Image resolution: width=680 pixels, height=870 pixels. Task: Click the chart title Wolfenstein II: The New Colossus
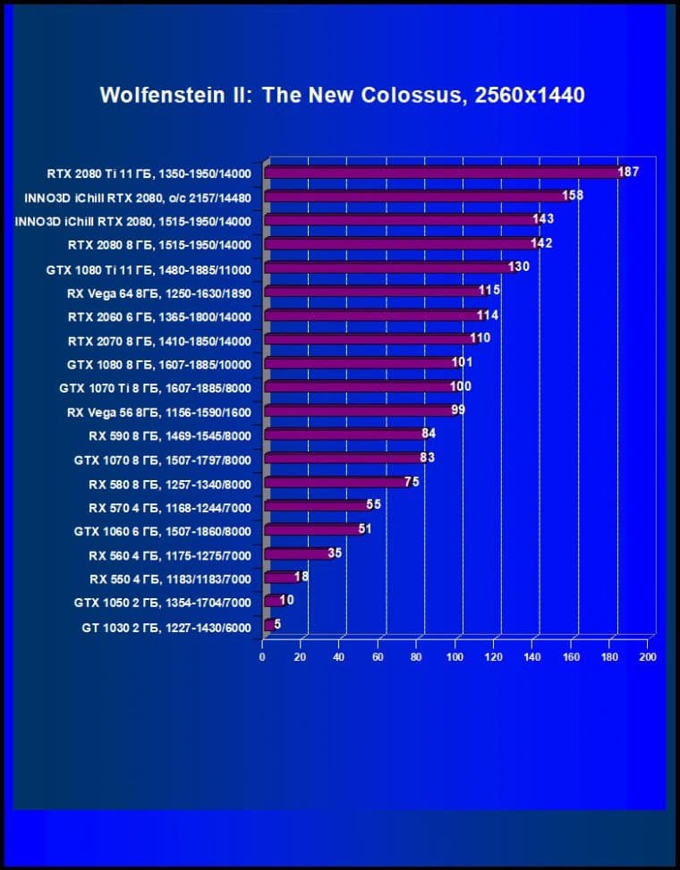(342, 95)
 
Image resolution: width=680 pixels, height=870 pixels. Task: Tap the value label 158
(573, 195)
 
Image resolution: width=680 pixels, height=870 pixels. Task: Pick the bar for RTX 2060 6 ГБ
(371, 316)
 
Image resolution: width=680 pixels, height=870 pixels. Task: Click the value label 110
(480, 339)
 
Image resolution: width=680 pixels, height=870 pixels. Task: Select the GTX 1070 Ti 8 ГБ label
(155, 388)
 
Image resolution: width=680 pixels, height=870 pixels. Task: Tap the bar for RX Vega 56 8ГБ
(357, 411)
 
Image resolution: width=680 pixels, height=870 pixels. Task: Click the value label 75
(412, 481)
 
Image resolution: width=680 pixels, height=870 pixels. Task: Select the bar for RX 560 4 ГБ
(296, 554)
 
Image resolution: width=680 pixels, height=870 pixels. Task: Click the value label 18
(302, 577)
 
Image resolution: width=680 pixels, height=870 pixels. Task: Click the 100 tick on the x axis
(455, 657)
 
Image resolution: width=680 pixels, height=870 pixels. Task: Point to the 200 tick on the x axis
(648, 657)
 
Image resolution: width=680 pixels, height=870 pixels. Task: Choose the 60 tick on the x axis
(378, 657)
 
